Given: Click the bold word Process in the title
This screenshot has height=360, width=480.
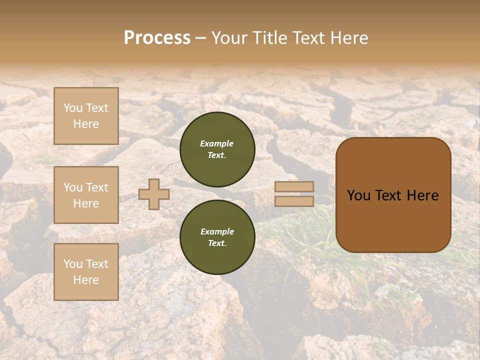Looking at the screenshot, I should point(157,38).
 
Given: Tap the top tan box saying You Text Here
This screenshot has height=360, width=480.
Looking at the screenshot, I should point(86,116).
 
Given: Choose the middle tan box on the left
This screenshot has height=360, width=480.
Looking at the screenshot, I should point(86,195).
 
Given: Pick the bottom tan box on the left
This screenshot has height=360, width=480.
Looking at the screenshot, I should point(86,272).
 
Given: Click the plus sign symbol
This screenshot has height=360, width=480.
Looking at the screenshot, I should point(154,194).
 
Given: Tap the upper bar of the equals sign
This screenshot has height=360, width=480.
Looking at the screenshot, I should point(294,187).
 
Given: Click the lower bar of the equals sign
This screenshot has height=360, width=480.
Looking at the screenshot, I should point(294,201).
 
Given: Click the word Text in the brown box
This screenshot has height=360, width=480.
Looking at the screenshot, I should point(391,195).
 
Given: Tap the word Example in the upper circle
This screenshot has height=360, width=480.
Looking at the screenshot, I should point(217,143).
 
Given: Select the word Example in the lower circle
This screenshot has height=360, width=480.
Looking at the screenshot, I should point(217,231).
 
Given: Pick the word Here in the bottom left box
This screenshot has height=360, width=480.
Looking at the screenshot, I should point(86,280).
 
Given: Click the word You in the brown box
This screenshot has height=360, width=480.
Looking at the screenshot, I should point(359,195).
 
